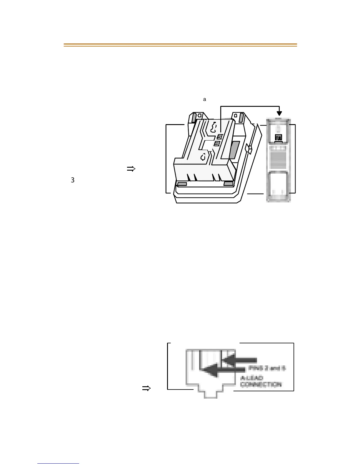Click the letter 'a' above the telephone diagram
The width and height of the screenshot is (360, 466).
pyautogui.click(x=205, y=100)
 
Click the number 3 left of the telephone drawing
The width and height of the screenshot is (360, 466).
pyautogui.click(x=73, y=180)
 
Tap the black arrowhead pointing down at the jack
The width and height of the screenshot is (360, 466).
pyautogui.click(x=280, y=113)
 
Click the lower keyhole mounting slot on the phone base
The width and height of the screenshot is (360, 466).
pyautogui.click(x=203, y=157)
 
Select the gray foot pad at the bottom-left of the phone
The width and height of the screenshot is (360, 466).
pyautogui.click(x=182, y=184)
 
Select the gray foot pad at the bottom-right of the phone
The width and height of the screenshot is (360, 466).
pyautogui.click(x=228, y=184)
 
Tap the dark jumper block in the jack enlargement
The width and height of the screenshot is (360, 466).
pyautogui.click(x=278, y=137)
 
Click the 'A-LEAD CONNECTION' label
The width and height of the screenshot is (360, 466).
pyautogui.click(x=261, y=381)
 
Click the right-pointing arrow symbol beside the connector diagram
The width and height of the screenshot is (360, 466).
pyautogui.click(x=146, y=389)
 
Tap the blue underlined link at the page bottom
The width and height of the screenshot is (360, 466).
pyautogui.click(x=59, y=463)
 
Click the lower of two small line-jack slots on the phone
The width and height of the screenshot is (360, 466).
pyautogui.click(x=217, y=143)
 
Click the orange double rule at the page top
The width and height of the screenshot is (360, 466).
pyautogui.click(x=180, y=45)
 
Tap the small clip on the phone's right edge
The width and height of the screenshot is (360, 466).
pyautogui.click(x=248, y=149)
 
